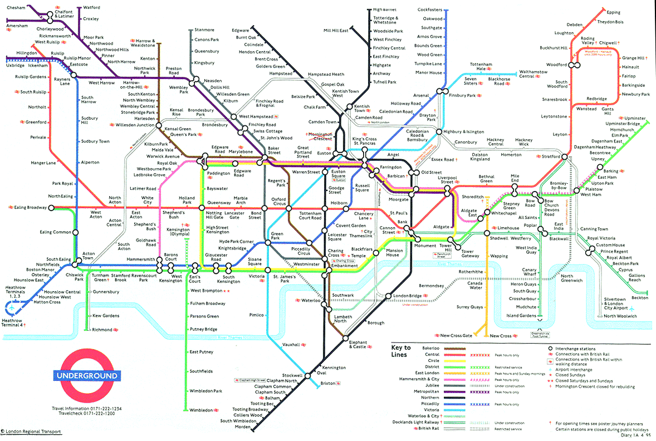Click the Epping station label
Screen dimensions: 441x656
pos(613,12)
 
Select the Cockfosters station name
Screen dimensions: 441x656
pos(430,9)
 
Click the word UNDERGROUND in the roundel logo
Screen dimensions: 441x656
pos(87,375)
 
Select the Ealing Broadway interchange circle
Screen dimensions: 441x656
pos(51,208)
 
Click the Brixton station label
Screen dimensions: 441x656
pos(328,383)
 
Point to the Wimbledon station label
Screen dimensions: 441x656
pos(201,410)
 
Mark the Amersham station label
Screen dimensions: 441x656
pos(18,26)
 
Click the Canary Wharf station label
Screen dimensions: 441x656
pos(528,272)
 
